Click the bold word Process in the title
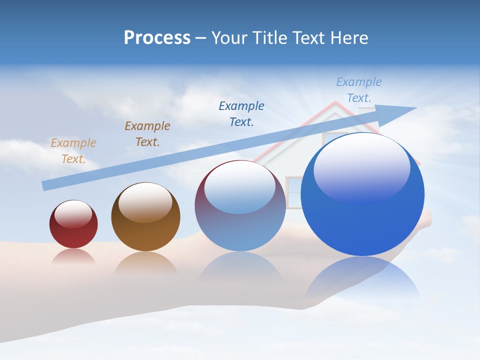pos(157,38)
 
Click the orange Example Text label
pos(73,150)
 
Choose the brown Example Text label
pos(147,133)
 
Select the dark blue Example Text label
pos(241,113)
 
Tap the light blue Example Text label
pos(358,90)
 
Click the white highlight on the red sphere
pos(73,213)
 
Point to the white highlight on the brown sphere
pos(145,201)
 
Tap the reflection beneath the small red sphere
pos(73,256)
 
